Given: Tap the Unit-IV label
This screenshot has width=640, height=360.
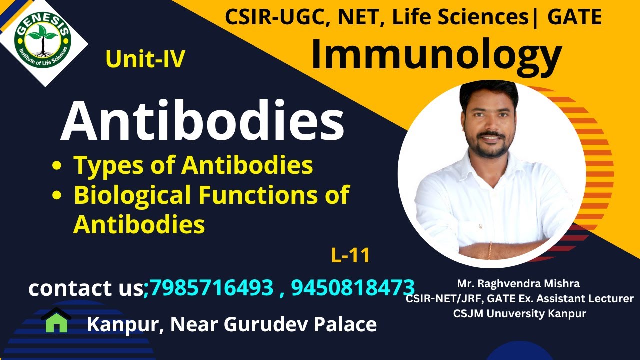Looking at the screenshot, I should coord(145,59).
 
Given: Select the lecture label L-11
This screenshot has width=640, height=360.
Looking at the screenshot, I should coord(350,256).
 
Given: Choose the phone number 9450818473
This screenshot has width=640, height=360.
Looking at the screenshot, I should coord(353,288).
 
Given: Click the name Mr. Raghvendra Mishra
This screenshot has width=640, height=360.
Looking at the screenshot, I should coord(518,284).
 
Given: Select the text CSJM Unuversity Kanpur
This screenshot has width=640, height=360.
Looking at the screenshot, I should coord(519,314).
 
